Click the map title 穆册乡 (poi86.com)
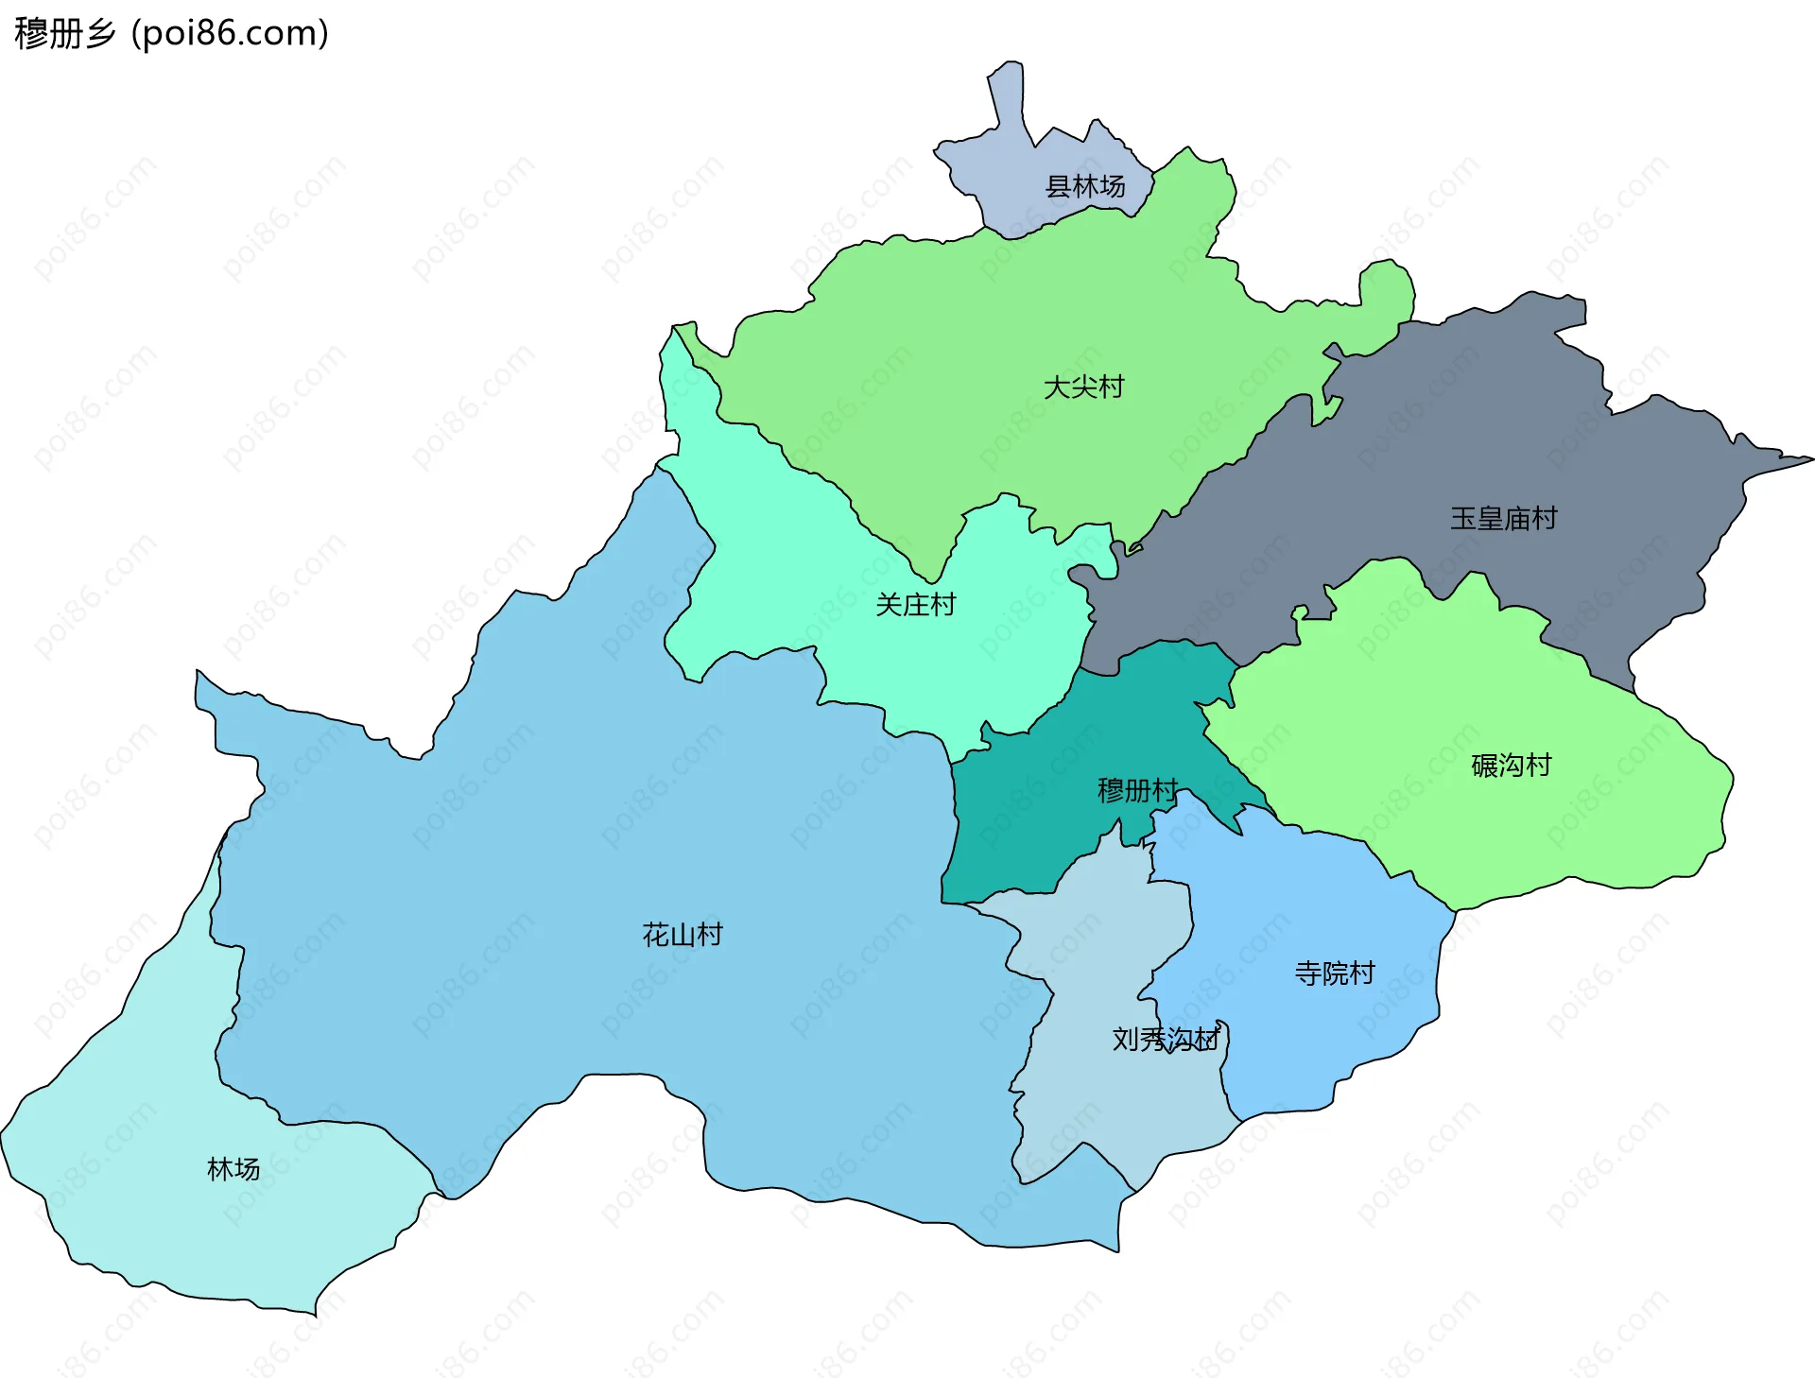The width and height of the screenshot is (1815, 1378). point(171,33)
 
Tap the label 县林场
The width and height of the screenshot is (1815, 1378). point(1084,187)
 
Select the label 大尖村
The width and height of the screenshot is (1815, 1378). point(1083,388)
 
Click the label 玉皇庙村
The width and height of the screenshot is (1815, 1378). point(1503,519)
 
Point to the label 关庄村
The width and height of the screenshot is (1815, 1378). point(915,605)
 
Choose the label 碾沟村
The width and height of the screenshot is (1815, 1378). point(1511,766)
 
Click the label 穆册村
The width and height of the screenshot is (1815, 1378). point(1137,790)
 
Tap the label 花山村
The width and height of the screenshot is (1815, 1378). point(682,936)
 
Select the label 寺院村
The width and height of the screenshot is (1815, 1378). point(1334,973)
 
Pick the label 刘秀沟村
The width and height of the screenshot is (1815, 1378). point(1166,1040)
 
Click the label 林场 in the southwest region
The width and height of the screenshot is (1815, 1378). point(233,1170)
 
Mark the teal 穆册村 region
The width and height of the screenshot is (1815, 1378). point(1021,832)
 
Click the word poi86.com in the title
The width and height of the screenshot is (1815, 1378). point(230,33)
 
